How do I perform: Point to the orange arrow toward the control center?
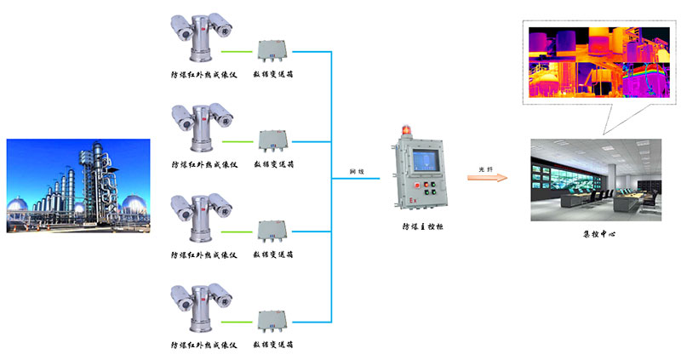[x=488, y=178]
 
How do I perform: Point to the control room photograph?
[x=595, y=180]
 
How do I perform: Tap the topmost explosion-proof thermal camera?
[x=201, y=38]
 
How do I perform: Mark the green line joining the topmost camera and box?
[x=241, y=49]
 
